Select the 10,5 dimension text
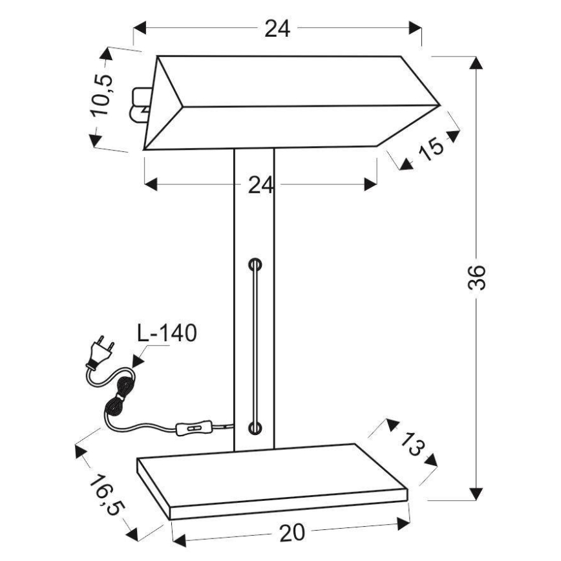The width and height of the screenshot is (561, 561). (x=102, y=95)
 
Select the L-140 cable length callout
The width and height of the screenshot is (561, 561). (x=167, y=333)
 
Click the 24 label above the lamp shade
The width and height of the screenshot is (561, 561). (x=277, y=28)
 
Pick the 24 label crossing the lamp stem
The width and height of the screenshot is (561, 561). (x=261, y=185)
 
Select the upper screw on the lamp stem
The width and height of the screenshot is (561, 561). (x=255, y=264)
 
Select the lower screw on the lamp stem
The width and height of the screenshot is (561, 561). (x=255, y=427)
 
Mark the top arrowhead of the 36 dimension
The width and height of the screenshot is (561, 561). (x=476, y=63)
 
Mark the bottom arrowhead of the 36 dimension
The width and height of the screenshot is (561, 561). (x=476, y=493)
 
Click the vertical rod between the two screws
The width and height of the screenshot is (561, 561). (x=255, y=346)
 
